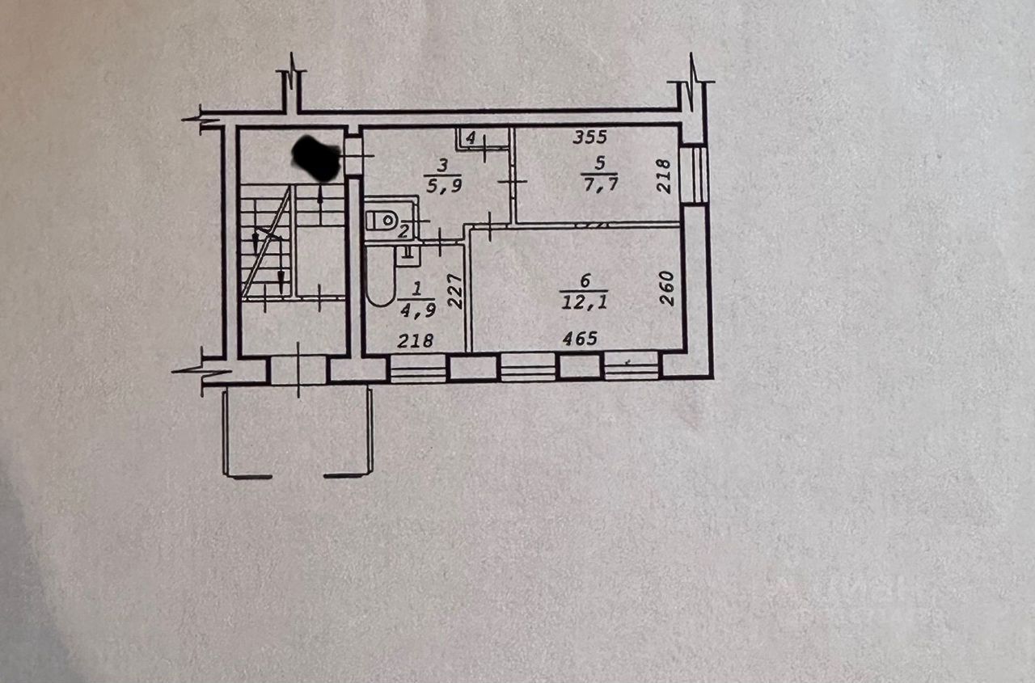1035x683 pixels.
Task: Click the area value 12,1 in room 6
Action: click(584, 302)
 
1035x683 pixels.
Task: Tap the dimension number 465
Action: click(580, 339)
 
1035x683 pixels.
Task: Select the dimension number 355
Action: click(590, 137)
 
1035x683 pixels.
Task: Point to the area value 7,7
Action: click(600, 183)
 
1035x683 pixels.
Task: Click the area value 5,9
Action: click(443, 185)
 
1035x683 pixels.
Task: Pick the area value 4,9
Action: click(418, 310)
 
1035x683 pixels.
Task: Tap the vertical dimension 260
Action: click(667, 289)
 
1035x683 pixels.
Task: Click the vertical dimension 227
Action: click(455, 292)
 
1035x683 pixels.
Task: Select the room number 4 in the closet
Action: click(471, 138)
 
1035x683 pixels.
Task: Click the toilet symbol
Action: click(382, 221)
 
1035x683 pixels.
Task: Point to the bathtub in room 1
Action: click(380, 276)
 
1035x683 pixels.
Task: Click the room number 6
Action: click(585, 280)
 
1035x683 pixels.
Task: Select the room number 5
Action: click(600, 162)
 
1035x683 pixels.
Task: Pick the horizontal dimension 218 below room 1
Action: click(416, 341)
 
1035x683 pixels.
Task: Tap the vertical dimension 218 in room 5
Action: click(664, 176)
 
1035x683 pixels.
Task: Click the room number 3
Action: click(442, 166)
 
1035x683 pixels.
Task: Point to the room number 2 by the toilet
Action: click(403, 231)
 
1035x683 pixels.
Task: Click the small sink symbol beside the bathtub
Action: click(408, 255)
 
